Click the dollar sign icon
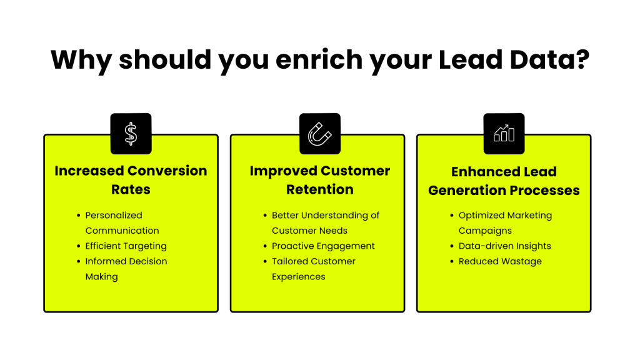(131, 134)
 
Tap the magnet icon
(319, 134)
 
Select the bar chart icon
(504, 134)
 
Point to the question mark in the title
(582, 60)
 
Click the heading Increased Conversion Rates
(131, 180)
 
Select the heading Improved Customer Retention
(319, 180)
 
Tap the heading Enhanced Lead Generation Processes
(504, 181)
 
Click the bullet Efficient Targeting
(126, 246)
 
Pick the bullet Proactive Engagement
(323, 246)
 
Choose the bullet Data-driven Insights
(504, 246)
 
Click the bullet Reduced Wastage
(500, 261)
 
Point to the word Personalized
(114, 215)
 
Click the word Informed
(105, 261)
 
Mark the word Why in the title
(81, 60)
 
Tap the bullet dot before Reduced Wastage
(451, 261)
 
